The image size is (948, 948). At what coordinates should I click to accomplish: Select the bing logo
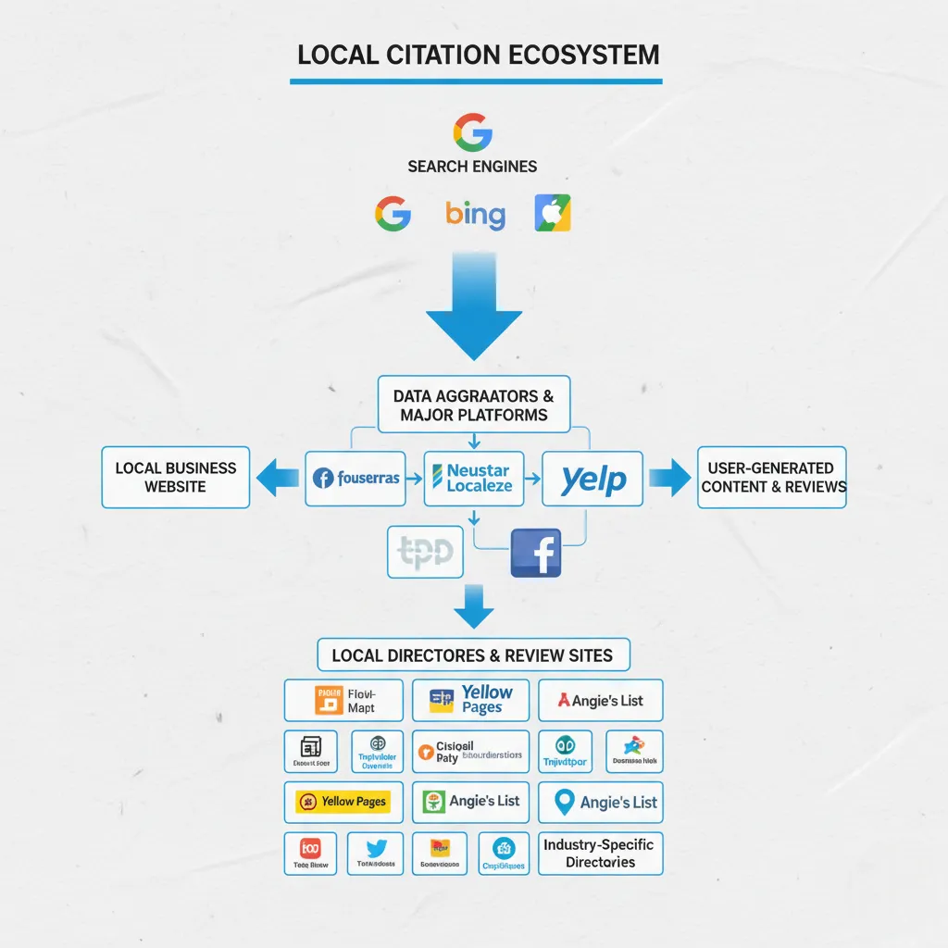475,215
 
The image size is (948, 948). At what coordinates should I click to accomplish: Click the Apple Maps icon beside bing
553,213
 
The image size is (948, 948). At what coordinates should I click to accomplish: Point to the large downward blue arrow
474,310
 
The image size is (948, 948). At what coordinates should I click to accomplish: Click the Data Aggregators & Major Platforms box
474,405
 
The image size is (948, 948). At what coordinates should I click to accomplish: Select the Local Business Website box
176,478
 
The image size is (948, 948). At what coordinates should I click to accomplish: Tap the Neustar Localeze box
474,478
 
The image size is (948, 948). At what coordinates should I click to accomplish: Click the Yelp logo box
592,479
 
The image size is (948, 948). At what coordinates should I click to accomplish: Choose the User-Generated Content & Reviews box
771,478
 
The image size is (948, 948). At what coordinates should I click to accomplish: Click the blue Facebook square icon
536,554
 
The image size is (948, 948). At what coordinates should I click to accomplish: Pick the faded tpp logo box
425,553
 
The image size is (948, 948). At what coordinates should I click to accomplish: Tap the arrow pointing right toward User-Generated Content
668,478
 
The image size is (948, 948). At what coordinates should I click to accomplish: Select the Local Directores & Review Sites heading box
473,655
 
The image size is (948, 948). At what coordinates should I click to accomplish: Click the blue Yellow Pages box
470,700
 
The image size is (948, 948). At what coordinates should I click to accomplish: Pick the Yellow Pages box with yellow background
343,802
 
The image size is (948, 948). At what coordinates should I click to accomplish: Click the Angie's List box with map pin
601,802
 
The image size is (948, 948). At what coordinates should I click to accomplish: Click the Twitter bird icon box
376,853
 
